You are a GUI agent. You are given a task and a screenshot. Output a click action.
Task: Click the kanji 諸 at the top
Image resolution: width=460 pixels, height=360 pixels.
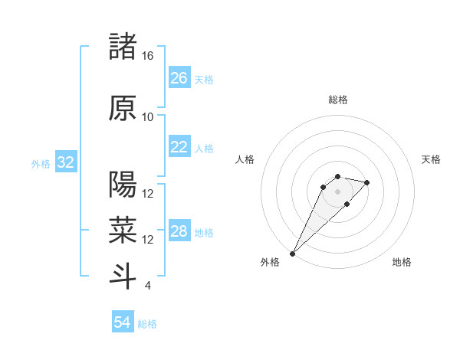(x=123, y=47)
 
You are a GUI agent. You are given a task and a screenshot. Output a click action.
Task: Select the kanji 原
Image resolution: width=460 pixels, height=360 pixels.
(x=123, y=108)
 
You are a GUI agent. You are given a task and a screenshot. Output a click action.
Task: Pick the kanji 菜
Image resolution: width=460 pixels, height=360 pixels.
(x=123, y=229)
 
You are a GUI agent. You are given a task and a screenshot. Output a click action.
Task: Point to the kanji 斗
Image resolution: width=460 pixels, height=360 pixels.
(x=123, y=275)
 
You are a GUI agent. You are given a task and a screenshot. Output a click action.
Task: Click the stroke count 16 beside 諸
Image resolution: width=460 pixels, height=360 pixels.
(x=148, y=56)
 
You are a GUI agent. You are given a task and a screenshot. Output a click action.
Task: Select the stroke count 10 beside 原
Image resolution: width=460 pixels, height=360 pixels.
(x=148, y=117)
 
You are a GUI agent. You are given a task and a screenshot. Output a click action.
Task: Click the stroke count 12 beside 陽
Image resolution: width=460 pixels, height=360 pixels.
(x=148, y=194)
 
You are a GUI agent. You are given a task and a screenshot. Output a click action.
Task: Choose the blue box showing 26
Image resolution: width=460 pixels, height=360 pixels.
(x=179, y=78)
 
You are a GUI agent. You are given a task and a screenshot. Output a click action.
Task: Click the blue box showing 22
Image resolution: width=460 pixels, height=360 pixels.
(x=179, y=148)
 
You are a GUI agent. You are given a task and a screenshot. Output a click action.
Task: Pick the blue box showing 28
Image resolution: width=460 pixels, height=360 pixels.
(x=179, y=232)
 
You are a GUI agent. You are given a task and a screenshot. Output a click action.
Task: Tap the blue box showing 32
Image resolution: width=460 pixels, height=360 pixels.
(x=65, y=163)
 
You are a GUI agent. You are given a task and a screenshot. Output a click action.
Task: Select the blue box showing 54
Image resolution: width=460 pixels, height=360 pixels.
(x=123, y=323)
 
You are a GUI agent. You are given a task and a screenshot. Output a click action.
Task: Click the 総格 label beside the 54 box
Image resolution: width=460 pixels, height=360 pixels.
(x=147, y=324)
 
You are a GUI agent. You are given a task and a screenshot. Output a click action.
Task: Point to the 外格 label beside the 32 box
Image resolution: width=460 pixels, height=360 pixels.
(x=41, y=164)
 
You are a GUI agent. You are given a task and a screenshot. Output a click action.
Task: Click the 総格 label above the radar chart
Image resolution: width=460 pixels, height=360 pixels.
(x=337, y=100)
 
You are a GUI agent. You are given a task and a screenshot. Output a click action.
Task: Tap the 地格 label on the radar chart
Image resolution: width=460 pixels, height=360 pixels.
(x=402, y=262)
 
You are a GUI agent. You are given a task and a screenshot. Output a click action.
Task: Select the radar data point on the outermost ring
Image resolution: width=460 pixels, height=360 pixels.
(x=293, y=253)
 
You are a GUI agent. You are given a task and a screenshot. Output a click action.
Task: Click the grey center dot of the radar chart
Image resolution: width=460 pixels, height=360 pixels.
(x=337, y=191)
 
